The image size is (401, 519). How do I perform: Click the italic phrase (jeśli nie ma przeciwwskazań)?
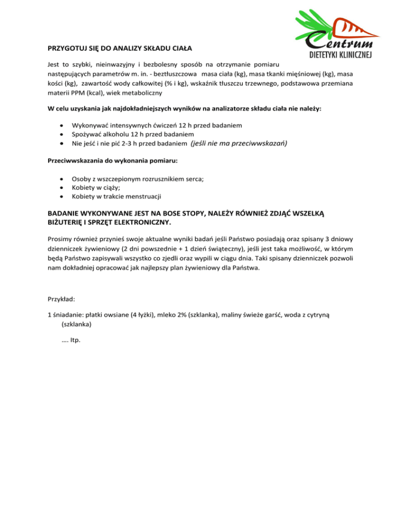tap(240, 143)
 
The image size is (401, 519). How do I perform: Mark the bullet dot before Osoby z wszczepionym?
tap(63, 178)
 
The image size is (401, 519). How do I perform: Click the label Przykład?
tap(61, 300)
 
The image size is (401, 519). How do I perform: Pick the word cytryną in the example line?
tap(327, 315)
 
